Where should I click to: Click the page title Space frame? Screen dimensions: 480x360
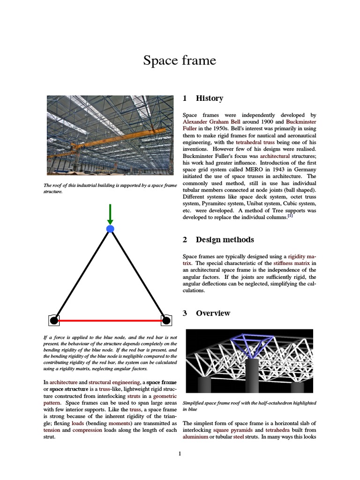tap(180, 60)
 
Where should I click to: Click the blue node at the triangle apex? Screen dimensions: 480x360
tap(110, 229)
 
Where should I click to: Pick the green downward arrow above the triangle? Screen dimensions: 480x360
tap(110, 214)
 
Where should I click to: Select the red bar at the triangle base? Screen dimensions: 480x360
tap(110, 321)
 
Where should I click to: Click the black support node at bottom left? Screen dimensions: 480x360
tap(54, 321)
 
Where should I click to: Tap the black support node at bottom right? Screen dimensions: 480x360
tap(165, 321)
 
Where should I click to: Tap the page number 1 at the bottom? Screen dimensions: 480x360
tap(180, 453)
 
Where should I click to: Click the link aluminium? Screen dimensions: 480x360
tap(195, 436)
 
